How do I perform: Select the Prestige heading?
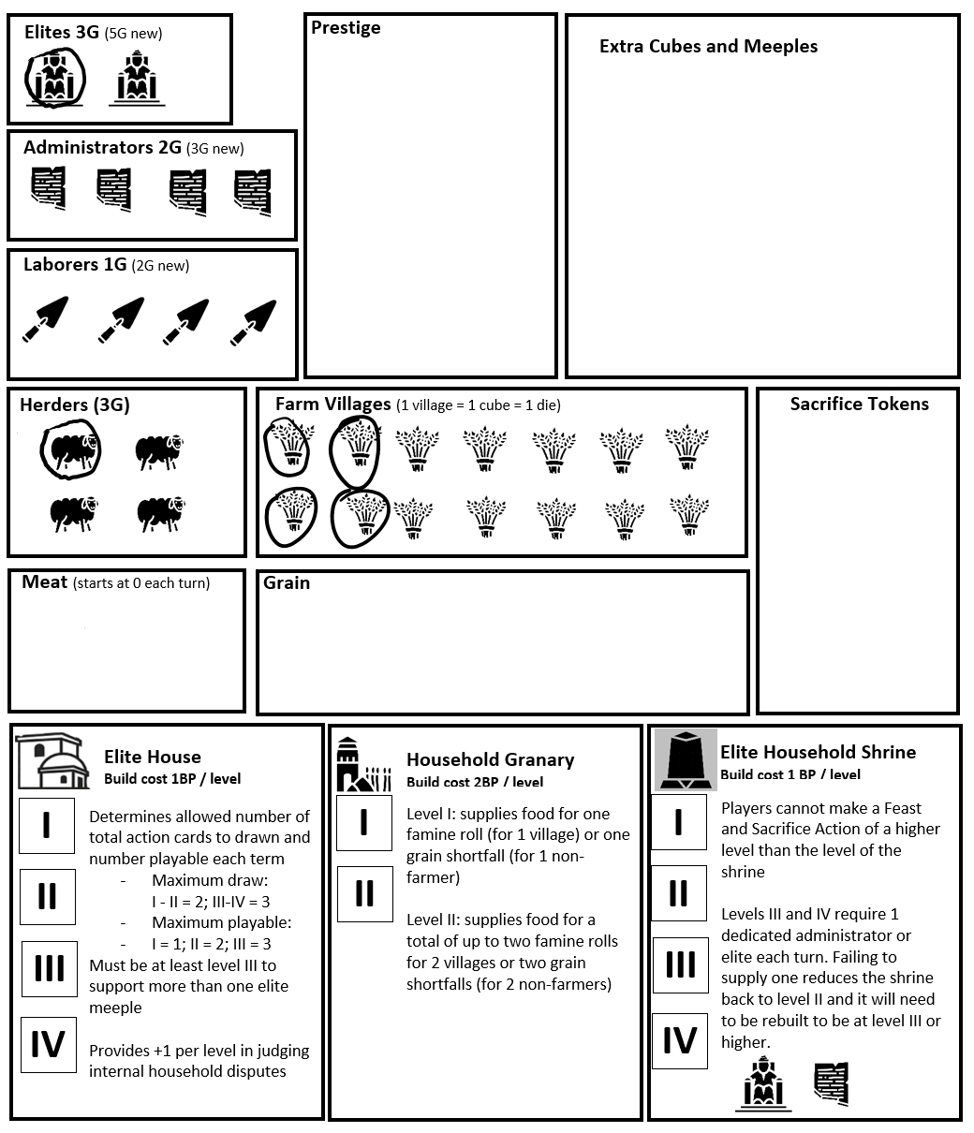[x=346, y=28]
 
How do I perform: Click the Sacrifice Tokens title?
[x=859, y=405]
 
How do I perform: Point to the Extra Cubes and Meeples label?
[x=708, y=47]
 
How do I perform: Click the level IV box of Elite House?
[x=48, y=1044]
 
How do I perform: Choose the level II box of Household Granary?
[x=364, y=894]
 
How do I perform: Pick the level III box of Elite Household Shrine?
[x=679, y=964]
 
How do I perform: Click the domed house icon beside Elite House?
[x=52, y=760]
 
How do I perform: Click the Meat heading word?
[x=45, y=582]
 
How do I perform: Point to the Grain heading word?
[x=287, y=582]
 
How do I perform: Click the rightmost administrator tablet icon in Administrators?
[x=252, y=191]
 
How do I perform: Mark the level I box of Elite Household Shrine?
[x=679, y=822]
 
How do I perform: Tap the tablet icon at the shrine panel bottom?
[x=831, y=1084]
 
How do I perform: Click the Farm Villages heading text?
[x=332, y=405]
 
